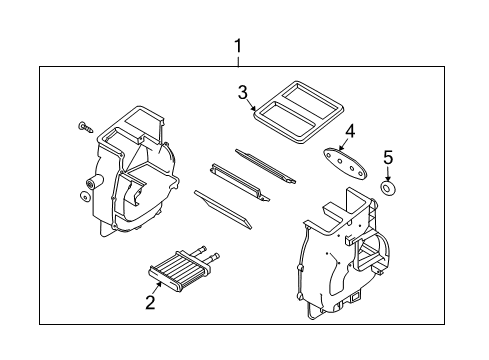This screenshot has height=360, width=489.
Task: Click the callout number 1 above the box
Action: point(237,45)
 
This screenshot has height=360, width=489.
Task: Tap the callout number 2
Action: point(150,301)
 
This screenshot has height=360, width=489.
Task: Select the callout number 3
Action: point(242,93)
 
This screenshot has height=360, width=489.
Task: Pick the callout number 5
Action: point(390,156)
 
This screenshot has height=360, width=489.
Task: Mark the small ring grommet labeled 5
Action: point(390,189)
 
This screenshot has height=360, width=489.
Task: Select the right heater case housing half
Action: point(340,250)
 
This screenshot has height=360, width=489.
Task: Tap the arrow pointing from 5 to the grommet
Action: point(390,172)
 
